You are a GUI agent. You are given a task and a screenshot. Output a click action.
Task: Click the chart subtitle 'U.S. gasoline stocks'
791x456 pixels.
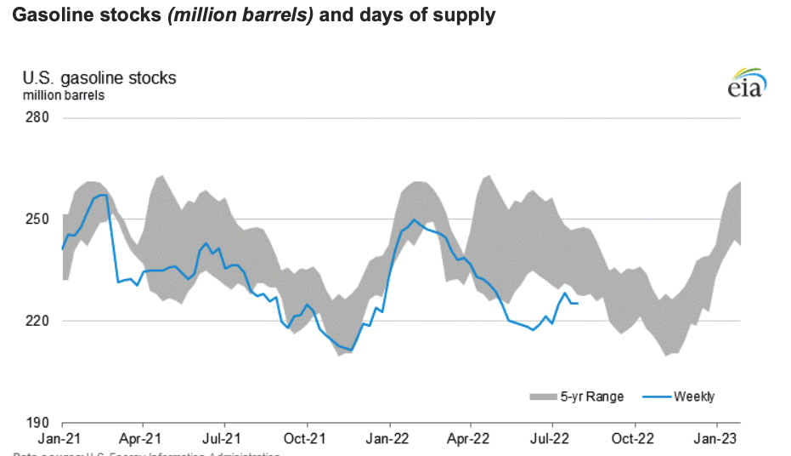pyautogui.click(x=99, y=78)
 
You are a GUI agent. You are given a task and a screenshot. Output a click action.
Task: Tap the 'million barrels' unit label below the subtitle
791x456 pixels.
pyautogui.click(x=64, y=95)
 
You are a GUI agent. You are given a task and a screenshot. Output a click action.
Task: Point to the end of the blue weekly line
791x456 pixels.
pyautogui.click(x=578, y=304)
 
